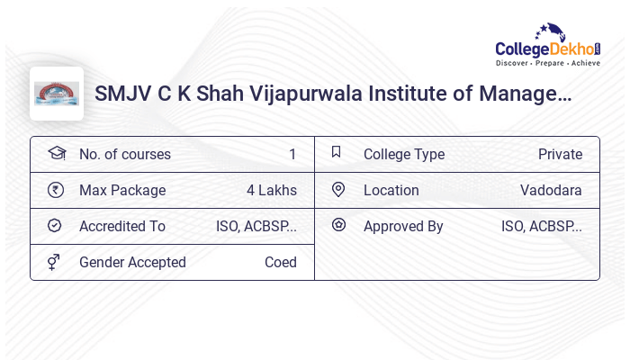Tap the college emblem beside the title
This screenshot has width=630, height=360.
(x=57, y=94)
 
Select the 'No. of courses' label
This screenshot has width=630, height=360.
(x=124, y=155)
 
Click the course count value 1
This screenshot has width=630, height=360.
(x=292, y=155)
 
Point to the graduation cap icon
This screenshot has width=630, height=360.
(x=56, y=153)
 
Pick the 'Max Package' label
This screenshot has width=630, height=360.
(x=122, y=191)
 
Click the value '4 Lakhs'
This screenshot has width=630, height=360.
(x=271, y=191)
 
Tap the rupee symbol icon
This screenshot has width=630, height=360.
(x=55, y=190)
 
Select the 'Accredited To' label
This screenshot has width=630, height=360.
(x=122, y=227)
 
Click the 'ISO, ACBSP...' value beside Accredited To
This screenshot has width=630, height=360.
(x=256, y=227)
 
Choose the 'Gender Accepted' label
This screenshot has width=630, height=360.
(x=132, y=263)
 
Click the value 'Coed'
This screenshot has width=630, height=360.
(x=280, y=263)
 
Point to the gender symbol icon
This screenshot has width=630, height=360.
(x=54, y=262)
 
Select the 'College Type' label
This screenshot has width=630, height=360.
(x=404, y=155)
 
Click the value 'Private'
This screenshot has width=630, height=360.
(x=560, y=155)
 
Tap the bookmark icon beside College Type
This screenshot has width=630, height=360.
(x=337, y=152)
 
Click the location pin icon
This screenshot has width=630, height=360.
(x=338, y=190)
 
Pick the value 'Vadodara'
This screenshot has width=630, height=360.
(x=551, y=191)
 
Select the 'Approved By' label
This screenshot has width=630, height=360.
(x=403, y=227)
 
